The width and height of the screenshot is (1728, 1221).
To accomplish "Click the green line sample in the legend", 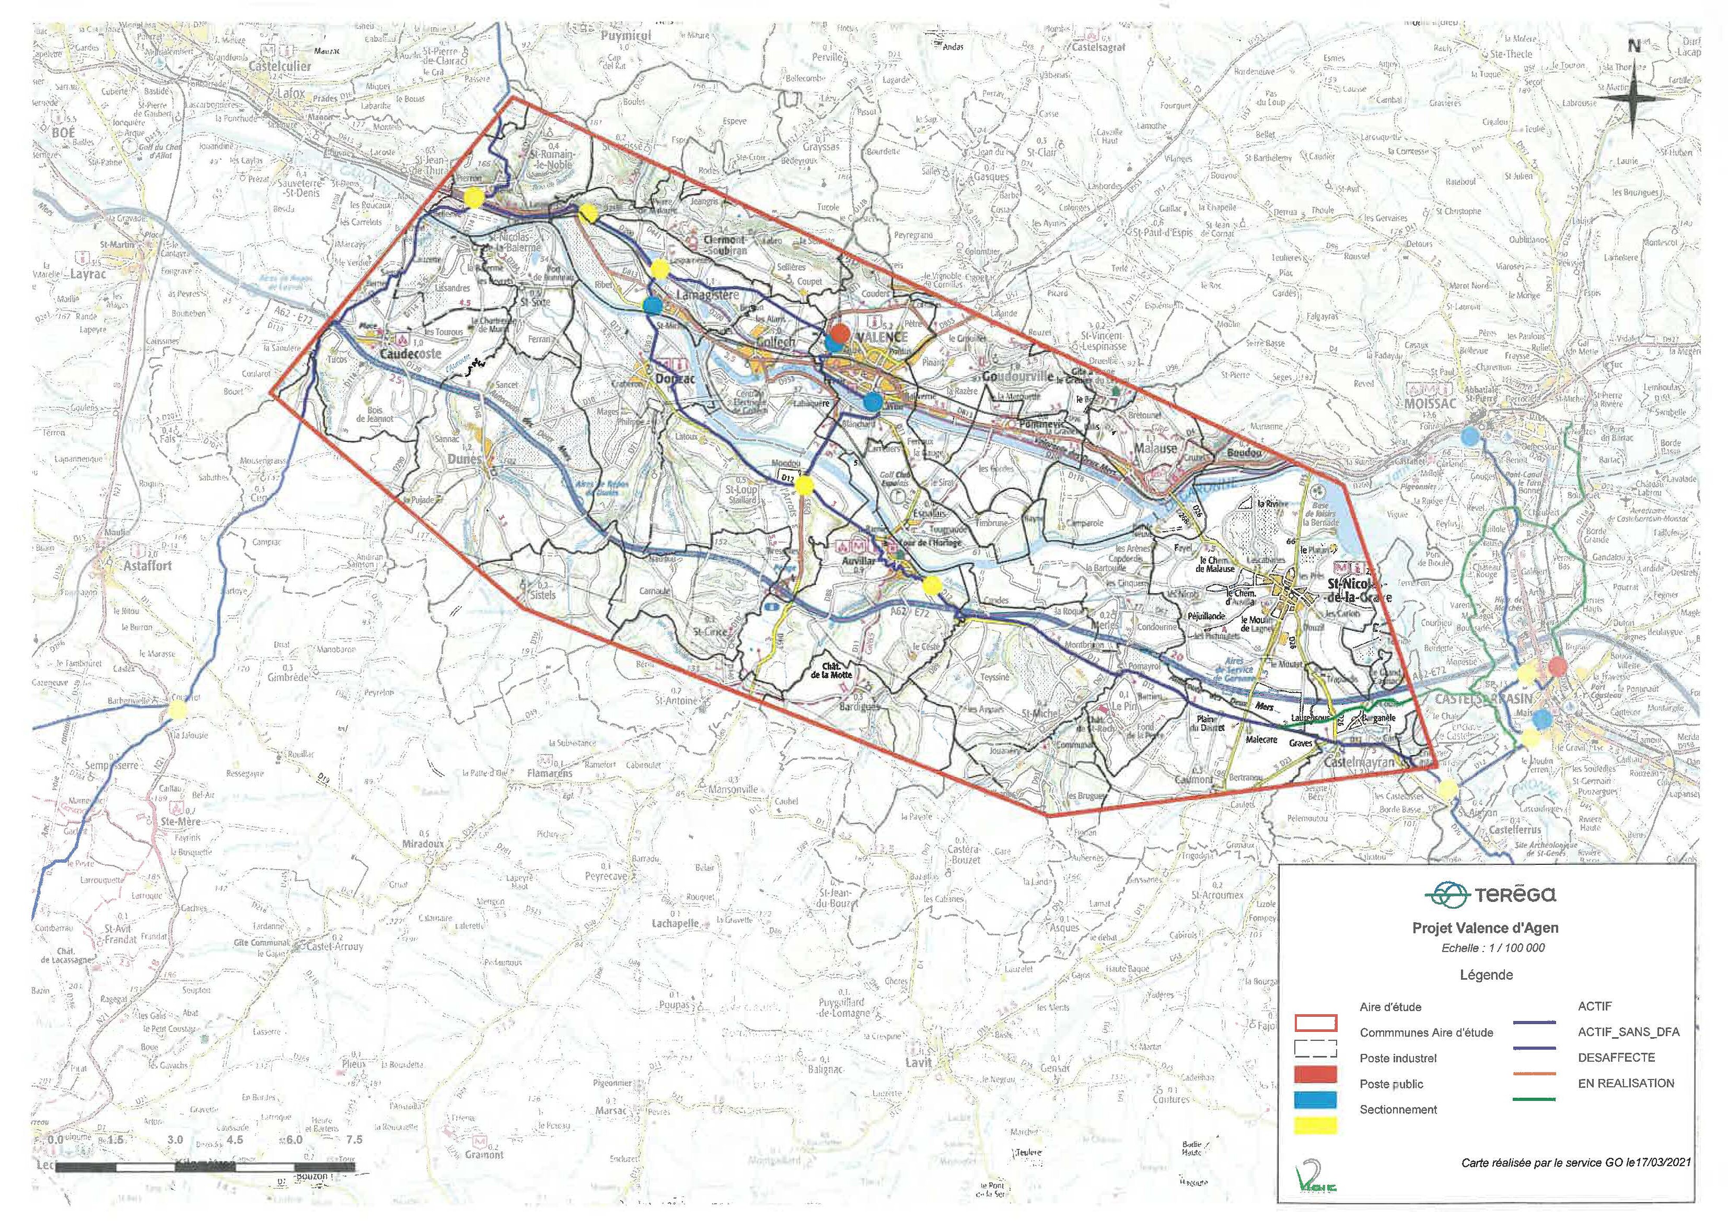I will coord(1533,1099).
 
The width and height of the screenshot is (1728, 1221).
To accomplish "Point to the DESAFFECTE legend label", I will coord(1616,1057).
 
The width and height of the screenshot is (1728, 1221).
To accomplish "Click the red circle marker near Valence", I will coord(841,332).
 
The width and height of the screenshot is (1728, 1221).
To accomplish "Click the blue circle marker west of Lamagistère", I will coord(652,305).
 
